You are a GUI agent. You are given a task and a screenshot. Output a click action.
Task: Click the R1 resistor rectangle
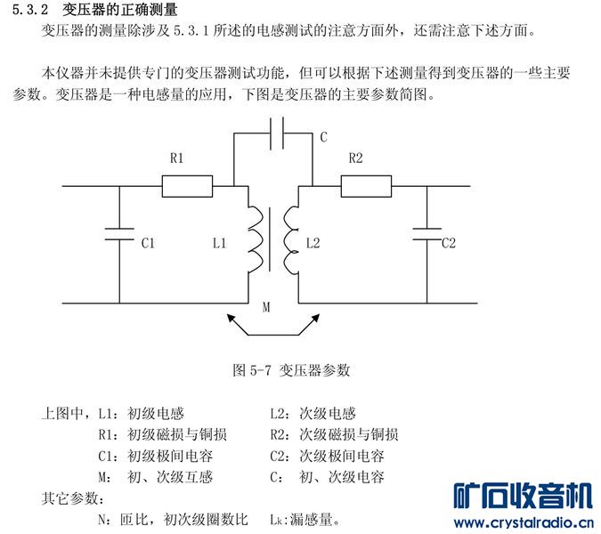pyautogui.click(x=187, y=186)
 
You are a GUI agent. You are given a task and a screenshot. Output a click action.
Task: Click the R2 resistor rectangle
pyautogui.click(x=366, y=186)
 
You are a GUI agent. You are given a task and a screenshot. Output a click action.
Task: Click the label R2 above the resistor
pyautogui.click(x=355, y=158)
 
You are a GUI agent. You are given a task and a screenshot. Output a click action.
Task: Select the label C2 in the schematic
pyautogui.click(x=449, y=242)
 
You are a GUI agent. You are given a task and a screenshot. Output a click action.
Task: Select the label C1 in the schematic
pyautogui.click(x=149, y=242)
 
